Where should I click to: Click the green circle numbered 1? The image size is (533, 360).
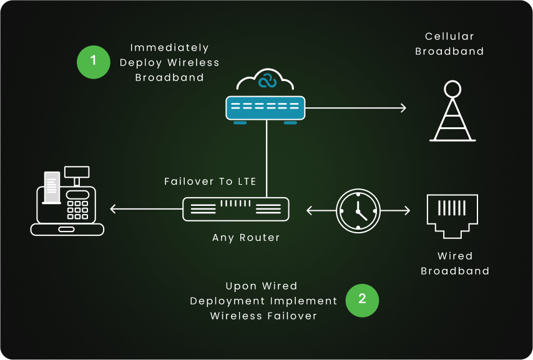click(93, 61)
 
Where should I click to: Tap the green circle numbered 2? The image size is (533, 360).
click(362, 299)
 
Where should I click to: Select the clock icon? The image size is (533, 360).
click(358, 210)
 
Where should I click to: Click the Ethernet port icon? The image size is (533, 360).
click(452, 215)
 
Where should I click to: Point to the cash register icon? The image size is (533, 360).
click(67, 202)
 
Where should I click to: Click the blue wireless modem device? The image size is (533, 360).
click(266, 107)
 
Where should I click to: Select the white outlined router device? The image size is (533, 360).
click(236, 209)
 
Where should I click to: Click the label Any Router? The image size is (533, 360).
click(246, 238)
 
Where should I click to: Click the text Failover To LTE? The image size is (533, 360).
click(210, 182)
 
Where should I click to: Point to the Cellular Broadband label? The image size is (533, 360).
click(449, 44)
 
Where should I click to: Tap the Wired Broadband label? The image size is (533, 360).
click(455, 263)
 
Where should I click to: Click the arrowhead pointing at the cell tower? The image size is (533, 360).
click(403, 108)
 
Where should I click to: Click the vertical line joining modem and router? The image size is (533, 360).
click(266, 156)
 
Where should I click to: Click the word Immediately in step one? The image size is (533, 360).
click(169, 47)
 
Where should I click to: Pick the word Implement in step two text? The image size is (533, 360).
click(306, 301)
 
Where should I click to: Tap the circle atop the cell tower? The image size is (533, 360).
click(453, 88)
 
